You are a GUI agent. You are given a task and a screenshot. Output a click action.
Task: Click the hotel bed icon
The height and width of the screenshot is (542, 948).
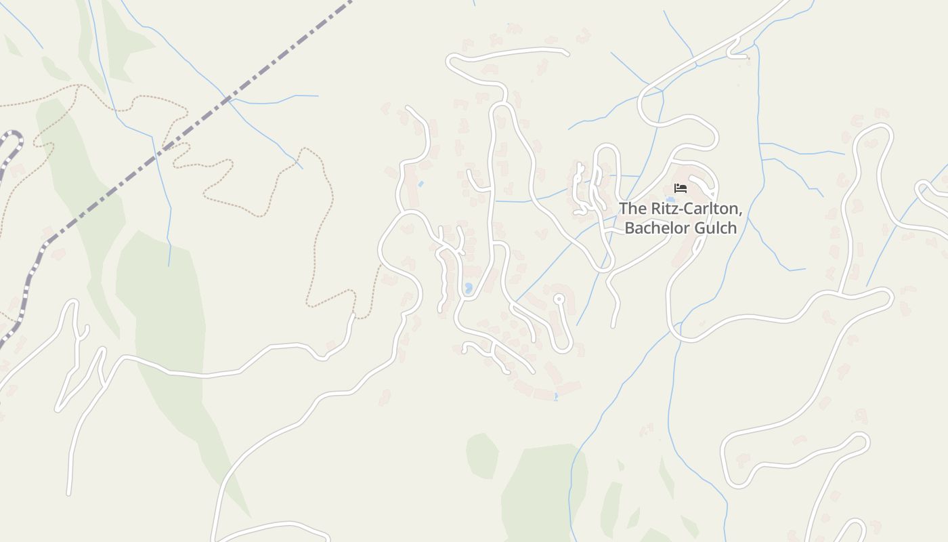(x=681, y=188)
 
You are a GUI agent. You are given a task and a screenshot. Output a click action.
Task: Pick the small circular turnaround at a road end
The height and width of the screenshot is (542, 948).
(x=559, y=298)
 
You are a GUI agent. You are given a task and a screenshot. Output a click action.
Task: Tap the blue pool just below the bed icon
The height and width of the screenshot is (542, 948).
(x=670, y=200)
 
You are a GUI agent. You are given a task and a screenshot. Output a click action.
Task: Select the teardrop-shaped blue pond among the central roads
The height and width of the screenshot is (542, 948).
(x=468, y=289)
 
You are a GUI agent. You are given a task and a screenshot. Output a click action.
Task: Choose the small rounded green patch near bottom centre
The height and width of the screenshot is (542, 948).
(x=482, y=455)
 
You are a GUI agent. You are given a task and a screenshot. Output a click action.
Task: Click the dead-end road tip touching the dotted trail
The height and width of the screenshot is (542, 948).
(x=353, y=315)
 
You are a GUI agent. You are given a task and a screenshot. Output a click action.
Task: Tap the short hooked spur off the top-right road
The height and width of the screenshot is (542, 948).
(x=735, y=51)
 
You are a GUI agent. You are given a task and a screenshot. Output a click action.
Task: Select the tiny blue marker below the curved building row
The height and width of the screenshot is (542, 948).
(x=556, y=396)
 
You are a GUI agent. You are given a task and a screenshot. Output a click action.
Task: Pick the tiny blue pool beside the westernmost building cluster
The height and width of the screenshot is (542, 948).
(x=421, y=184)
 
